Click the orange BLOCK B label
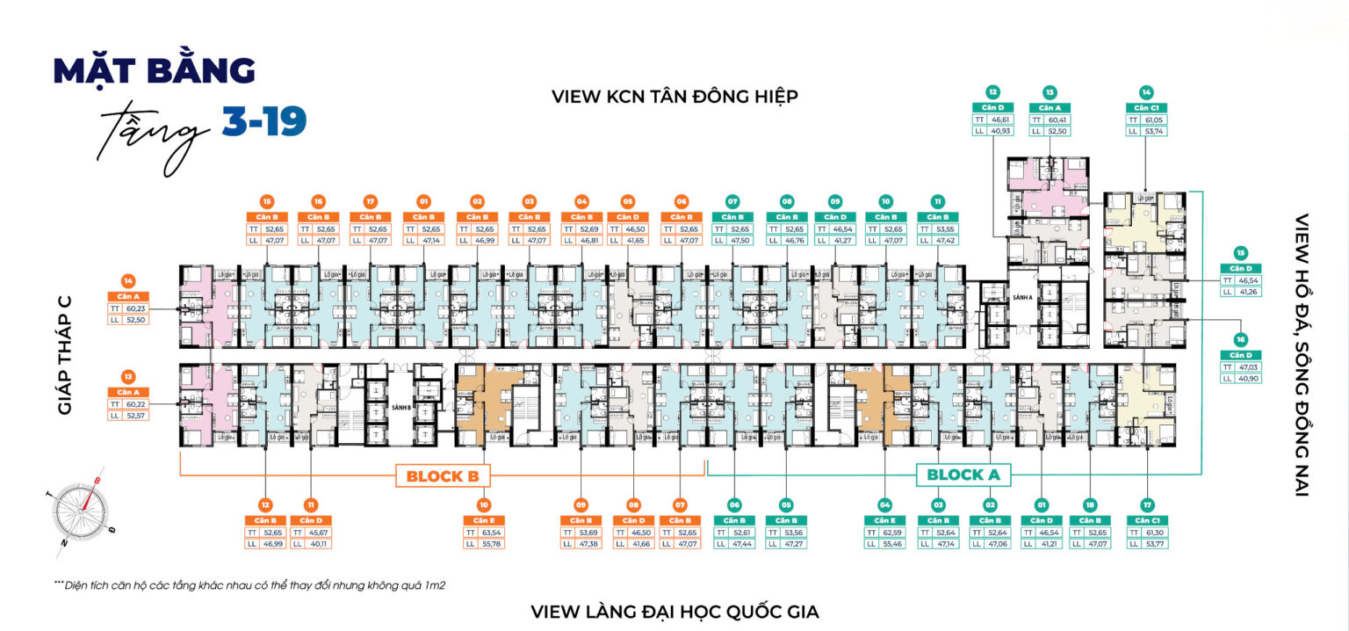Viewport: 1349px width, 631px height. (x=442, y=476)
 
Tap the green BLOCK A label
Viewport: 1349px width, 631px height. (x=963, y=475)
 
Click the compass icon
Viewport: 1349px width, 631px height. (x=83, y=510)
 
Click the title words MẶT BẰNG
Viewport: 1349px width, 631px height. (x=155, y=71)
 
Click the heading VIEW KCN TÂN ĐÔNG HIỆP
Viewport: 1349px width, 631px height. (x=674, y=96)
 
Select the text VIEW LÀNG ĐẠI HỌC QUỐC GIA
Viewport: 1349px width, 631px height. (x=674, y=611)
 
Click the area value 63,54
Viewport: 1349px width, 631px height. (x=492, y=532)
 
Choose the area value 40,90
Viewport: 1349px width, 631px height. (x=1248, y=378)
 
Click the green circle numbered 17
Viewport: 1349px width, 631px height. (x=1148, y=504)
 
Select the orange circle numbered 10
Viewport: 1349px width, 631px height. (x=483, y=504)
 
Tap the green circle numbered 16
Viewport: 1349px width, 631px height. (x=1240, y=338)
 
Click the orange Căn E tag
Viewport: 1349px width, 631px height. (x=483, y=520)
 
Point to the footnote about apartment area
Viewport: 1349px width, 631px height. (x=250, y=584)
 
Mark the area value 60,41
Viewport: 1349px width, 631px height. (x=1059, y=119)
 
